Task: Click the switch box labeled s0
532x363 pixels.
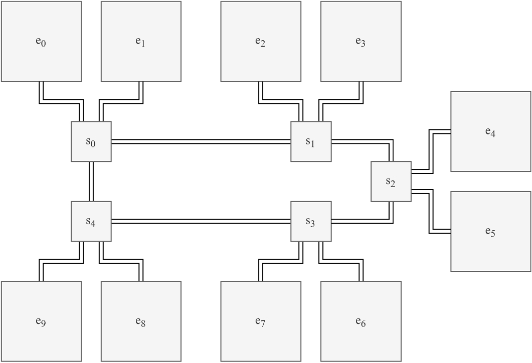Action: point(91,141)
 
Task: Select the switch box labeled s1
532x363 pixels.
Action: point(311,141)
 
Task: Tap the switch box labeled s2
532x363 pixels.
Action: point(391,181)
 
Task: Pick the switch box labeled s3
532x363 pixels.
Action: point(311,221)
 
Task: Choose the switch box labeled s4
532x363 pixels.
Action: point(91,221)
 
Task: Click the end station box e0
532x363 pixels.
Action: point(41,41)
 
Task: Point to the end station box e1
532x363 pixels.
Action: point(141,41)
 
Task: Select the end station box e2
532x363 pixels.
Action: point(261,41)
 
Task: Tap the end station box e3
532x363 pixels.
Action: point(361,41)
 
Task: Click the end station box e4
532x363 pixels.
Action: point(490,131)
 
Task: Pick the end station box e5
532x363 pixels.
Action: point(490,231)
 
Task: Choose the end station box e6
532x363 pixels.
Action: point(361,321)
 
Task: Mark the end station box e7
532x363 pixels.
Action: point(261,321)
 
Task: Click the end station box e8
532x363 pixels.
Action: point(141,321)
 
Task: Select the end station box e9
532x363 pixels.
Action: point(41,321)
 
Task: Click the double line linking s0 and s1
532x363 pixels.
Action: point(201,142)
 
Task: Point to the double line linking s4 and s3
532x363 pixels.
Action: point(201,221)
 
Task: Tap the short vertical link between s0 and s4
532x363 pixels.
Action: point(91,181)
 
